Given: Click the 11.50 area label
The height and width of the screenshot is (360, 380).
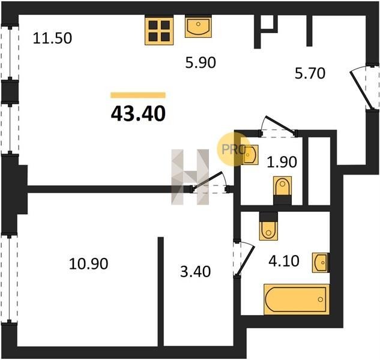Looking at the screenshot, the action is pyautogui.click(x=52, y=38).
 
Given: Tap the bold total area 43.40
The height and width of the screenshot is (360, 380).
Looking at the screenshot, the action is pyautogui.click(x=138, y=113).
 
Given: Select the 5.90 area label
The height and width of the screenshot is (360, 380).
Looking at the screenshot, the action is pyautogui.click(x=201, y=62).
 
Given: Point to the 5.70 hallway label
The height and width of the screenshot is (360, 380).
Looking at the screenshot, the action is pyautogui.click(x=310, y=73).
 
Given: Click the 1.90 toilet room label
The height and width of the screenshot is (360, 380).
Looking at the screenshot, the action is pyautogui.click(x=282, y=162).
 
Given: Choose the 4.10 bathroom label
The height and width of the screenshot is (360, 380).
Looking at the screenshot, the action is pyautogui.click(x=284, y=261).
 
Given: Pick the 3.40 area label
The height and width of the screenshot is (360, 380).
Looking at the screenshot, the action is pyautogui.click(x=195, y=271).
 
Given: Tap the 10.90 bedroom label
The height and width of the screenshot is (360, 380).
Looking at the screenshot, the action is pyautogui.click(x=88, y=263).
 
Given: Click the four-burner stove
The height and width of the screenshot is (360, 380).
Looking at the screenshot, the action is pyautogui.click(x=159, y=31).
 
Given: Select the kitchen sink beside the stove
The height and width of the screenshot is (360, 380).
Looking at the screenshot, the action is pyautogui.click(x=198, y=26).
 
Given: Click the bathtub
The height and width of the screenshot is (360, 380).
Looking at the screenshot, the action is pyautogui.click(x=297, y=299).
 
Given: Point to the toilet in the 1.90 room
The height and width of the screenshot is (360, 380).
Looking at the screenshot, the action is pyautogui.click(x=282, y=190).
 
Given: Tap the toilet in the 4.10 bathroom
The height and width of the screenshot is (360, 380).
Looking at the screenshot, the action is pyautogui.click(x=268, y=226).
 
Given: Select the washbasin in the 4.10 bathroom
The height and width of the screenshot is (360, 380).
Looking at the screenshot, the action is pyautogui.click(x=321, y=263).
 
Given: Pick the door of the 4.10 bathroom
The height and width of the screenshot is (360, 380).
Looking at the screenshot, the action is pyautogui.click(x=244, y=258).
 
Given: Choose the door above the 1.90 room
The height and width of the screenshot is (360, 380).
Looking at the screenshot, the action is pyautogui.click(x=279, y=127).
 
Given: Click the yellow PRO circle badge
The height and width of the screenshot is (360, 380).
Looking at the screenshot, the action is pyautogui.click(x=234, y=149).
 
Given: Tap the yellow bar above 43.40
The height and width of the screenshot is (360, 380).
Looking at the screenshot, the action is pyautogui.click(x=138, y=95).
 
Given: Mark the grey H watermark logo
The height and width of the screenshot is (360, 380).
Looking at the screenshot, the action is pyautogui.click(x=190, y=177).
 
